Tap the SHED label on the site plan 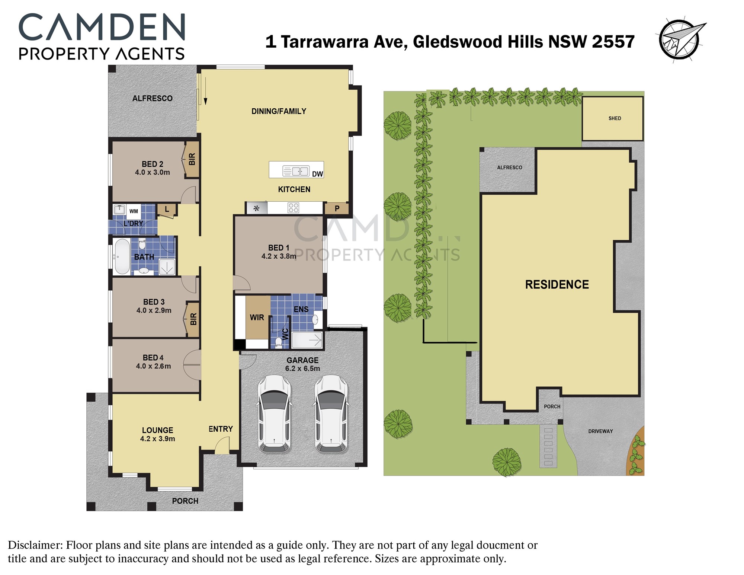coord(615,118)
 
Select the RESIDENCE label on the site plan coord(557,285)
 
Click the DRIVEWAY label coord(600,431)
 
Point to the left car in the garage coord(274,414)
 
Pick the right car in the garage coord(331,414)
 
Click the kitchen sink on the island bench coord(296,171)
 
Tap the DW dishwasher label coord(317,174)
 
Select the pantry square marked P coord(337,208)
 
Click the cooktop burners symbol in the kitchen coord(293,208)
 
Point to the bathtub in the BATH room coord(122,256)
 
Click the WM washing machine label coord(134,211)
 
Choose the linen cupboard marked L coord(167,210)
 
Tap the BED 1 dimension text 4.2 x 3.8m coord(279,256)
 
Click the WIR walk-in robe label coord(257,317)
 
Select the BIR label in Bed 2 coord(192,159)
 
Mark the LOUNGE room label coord(158,430)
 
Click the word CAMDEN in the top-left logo coord(102,27)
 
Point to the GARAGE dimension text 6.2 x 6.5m coord(302,368)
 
